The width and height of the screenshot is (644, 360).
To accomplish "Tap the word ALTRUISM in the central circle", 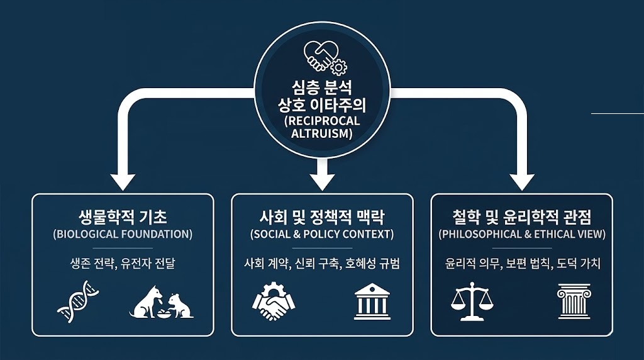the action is coord(322,133).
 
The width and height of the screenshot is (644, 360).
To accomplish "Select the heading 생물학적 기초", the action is coord(123,218).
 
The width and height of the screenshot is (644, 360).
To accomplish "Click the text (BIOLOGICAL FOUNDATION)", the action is coord(123,234).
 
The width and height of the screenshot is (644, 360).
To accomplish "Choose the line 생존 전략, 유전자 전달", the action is coord(123,263).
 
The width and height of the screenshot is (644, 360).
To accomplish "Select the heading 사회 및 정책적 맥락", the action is coord(322,218).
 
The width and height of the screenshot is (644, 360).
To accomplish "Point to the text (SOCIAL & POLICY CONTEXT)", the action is coord(322,234).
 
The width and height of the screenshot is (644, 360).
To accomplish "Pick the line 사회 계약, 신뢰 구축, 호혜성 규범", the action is coord(322,263).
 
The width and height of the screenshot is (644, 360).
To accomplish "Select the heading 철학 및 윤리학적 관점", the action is coord(521,218).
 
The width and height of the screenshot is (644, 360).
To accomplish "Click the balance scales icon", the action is coord(472,301).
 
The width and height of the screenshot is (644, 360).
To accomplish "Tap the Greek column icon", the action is coord(573,301).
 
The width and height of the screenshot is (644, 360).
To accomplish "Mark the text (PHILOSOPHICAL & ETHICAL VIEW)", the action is coord(521,234).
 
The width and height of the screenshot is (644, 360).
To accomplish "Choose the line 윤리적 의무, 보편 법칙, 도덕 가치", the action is coord(521,263).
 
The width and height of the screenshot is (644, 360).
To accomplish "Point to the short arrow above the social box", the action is coord(323,174).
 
